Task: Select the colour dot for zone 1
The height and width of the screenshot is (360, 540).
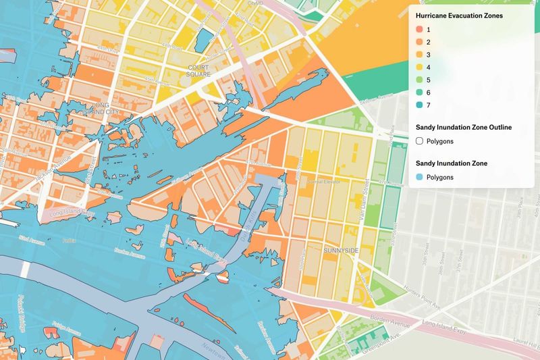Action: tap(419, 30)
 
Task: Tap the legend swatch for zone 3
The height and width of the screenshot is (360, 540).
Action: tap(419, 55)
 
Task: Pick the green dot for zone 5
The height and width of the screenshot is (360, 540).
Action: tap(419, 80)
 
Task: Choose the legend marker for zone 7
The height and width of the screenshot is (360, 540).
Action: tap(419, 105)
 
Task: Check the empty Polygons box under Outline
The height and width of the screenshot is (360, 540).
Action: tap(419, 141)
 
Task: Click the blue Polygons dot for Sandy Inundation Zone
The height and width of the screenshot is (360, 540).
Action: tap(419, 178)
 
